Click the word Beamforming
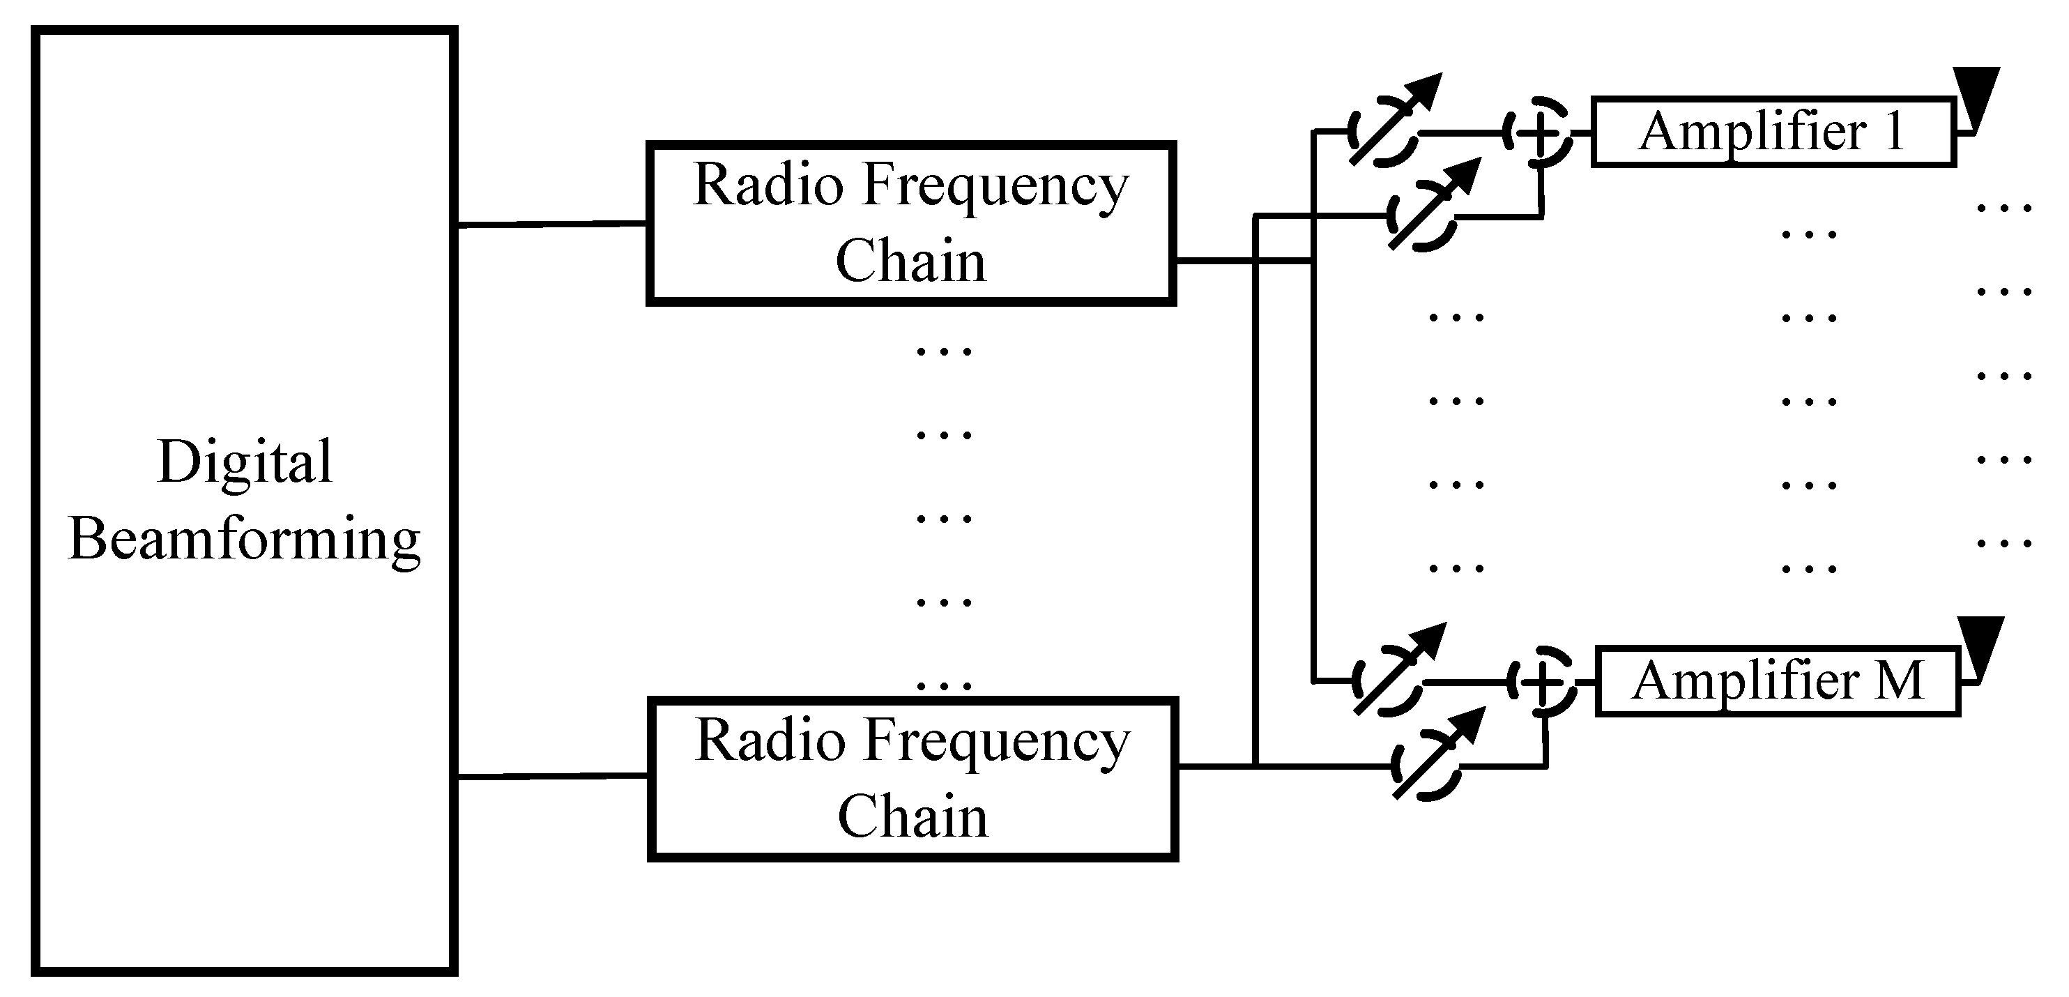click(244, 540)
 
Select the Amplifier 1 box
click(1773, 132)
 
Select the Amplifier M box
click(1778, 681)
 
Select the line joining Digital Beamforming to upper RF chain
click(552, 224)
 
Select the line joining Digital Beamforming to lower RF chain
click(552, 776)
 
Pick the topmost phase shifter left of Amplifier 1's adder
click(1384, 131)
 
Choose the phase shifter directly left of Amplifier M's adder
click(1388, 681)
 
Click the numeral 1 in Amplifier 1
click(1895, 132)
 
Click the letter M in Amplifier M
click(1899, 681)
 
